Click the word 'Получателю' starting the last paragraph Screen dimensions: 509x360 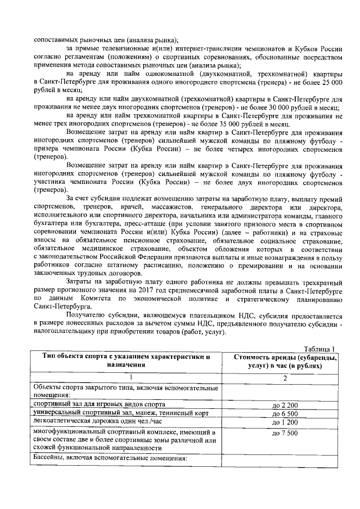[87, 316]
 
